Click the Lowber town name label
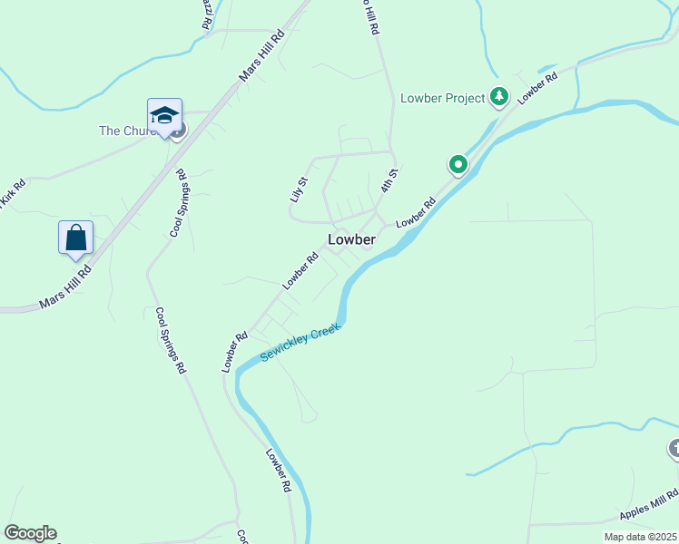[351, 239]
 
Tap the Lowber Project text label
[443, 98]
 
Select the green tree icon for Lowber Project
[498, 96]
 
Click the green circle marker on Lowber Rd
[458, 165]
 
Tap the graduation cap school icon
[164, 115]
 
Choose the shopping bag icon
[76, 238]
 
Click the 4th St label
[389, 180]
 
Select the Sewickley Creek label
[300, 343]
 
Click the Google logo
[30, 533]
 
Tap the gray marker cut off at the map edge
[674, 448]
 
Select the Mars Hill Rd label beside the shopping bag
[66, 287]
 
